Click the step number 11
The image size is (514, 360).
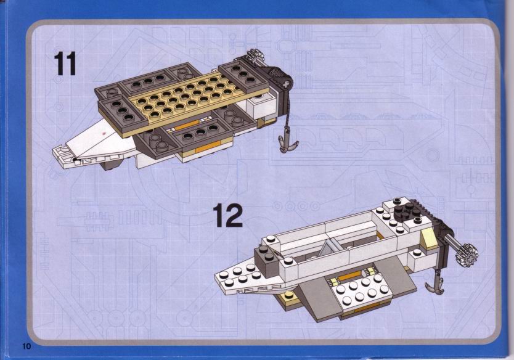pos(65,63)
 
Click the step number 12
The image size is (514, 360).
pos(228,215)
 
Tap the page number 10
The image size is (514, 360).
pos(27,346)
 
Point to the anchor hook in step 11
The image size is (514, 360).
pos(287,143)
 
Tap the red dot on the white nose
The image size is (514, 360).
pos(105,133)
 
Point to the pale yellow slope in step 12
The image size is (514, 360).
pos(428,239)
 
